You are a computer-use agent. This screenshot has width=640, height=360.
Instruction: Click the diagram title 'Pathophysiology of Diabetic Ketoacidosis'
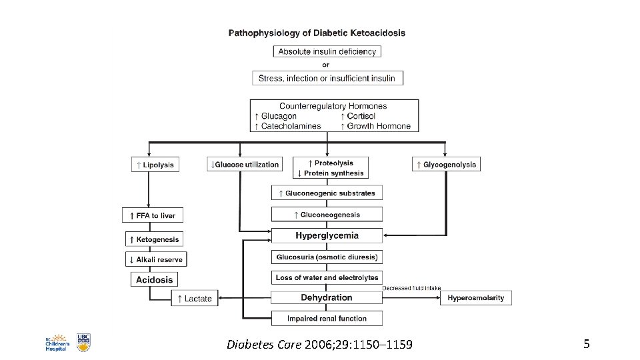point(317,33)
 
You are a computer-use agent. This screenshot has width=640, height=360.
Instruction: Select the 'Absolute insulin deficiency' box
point(327,51)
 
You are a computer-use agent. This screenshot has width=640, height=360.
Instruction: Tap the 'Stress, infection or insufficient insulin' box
point(327,78)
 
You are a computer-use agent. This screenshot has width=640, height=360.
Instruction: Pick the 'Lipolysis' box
point(155,165)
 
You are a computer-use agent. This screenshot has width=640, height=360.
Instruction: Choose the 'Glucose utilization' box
point(245,165)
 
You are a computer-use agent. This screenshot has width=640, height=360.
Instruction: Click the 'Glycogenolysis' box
point(446,165)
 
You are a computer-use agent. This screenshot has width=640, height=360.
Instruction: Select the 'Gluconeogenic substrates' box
point(327,193)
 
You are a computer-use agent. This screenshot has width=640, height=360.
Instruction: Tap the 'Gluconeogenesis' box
point(327,215)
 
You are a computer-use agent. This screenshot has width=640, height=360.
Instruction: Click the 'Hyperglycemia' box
point(327,235)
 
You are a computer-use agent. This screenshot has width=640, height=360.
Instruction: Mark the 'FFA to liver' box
point(153,216)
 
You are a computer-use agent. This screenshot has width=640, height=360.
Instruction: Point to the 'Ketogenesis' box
point(154,239)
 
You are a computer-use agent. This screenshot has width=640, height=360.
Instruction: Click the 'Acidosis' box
point(154,280)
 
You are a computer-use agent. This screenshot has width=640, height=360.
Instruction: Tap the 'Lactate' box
point(195,299)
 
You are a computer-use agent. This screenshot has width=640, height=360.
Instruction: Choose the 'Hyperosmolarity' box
point(475,297)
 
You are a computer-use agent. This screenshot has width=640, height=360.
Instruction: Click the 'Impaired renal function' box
point(327,318)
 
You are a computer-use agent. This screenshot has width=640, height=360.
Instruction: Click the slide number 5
point(586,344)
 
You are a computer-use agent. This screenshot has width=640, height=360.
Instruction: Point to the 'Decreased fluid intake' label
point(411,288)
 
